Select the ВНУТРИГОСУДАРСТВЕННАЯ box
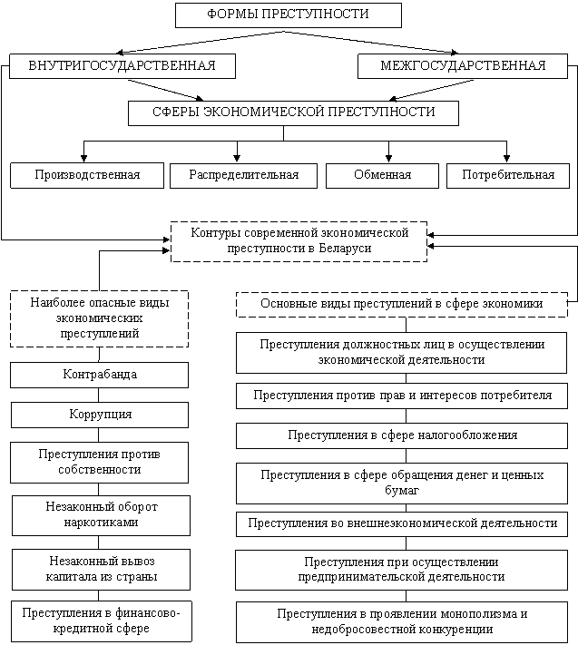(122, 66)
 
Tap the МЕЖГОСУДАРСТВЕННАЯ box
(463, 66)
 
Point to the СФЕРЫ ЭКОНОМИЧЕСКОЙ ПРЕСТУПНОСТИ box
(292, 112)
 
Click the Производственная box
(87, 175)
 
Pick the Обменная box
(382, 175)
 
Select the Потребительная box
(507, 175)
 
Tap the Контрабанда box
(100, 375)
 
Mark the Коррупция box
(100, 415)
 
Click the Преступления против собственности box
(100, 462)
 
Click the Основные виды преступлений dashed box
(401, 305)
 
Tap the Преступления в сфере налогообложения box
(402, 435)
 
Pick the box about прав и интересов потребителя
(402, 396)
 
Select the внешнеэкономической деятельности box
(402, 523)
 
